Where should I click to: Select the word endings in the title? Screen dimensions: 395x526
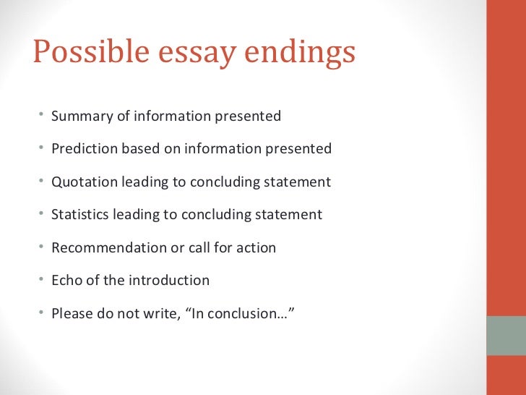pos(303,53)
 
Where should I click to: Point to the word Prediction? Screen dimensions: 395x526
pos(84,149)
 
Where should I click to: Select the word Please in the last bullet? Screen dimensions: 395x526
pos(72,314)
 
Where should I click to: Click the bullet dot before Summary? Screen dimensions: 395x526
pos(42,116)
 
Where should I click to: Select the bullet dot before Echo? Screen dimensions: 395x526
pos(42,280)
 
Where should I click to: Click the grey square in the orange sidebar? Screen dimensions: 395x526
pos(506,336)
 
